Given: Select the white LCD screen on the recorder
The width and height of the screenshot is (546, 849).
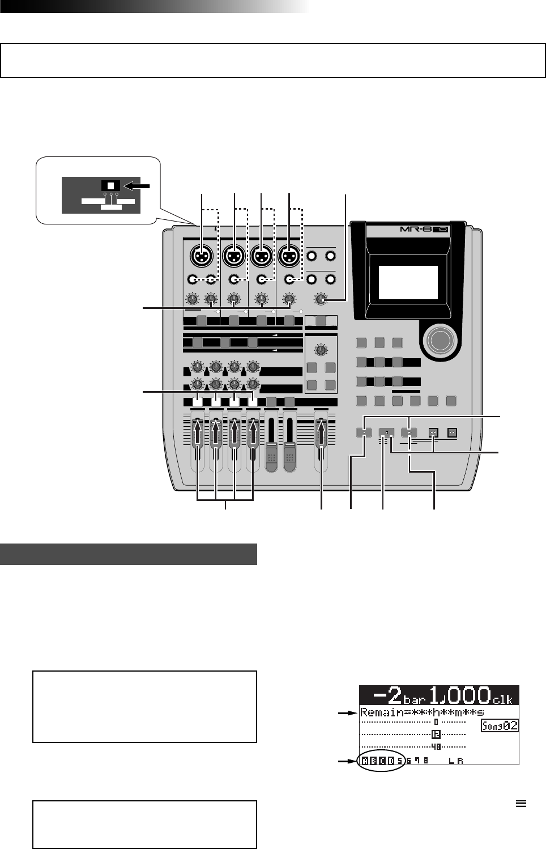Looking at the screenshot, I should (x=408, y=282).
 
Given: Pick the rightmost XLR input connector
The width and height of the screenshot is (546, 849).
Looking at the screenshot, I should (x=289, y=257).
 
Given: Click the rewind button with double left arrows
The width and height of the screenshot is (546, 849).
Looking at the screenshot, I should (x=434, y=432).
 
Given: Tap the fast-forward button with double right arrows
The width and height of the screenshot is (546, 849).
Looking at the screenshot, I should (x=452, y=432).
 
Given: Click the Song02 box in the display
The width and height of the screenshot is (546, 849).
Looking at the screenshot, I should (x=500, y=725).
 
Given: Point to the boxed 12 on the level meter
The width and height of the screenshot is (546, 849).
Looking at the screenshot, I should (x=436, y=735).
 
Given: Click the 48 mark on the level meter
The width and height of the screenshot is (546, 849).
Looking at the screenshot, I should (x=436, y=747).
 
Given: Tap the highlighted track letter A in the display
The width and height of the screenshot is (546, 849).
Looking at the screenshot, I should (x=365, y=761).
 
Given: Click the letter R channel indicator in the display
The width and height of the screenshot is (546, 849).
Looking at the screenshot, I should (x=460, y=761).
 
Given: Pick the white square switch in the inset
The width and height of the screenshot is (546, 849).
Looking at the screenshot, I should (x=111, y=185).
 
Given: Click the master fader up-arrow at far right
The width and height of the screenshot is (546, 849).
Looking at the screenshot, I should (x=321, y=433).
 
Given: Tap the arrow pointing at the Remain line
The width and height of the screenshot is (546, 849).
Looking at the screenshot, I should (x=346, y=713).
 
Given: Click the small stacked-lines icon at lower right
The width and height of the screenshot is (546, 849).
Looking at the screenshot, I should (x=522, y=803).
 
